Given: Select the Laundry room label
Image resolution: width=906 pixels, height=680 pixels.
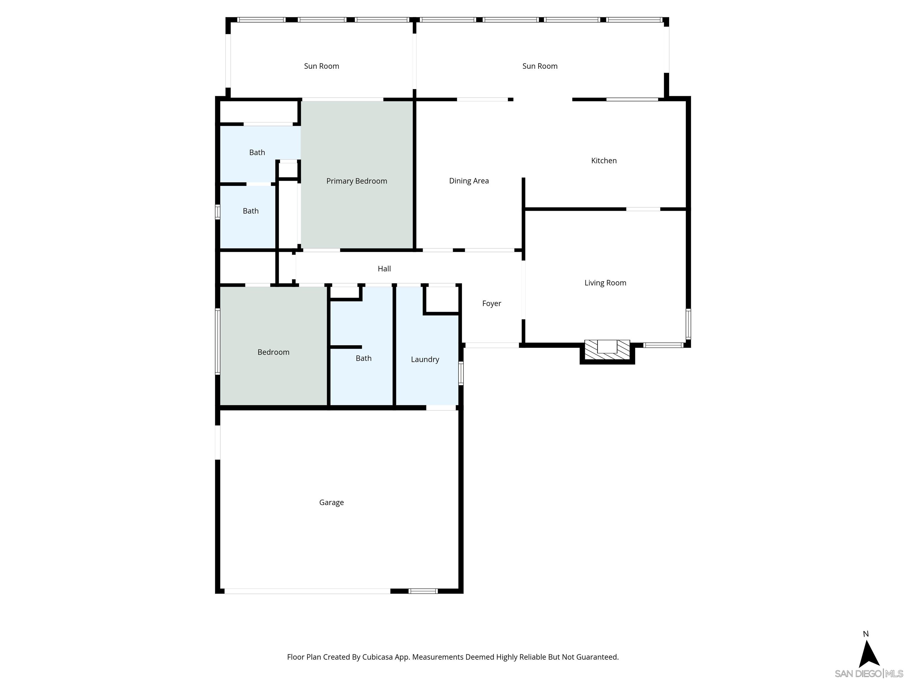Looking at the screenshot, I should coord(425,359).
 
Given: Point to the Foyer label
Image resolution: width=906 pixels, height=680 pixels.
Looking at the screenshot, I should coord(492,303).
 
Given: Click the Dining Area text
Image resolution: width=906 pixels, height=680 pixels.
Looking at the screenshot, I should coord(469,181).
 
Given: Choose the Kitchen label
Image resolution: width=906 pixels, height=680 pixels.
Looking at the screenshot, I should coord(604,161).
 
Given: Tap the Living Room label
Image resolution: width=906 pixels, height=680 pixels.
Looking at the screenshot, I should coord(605,283).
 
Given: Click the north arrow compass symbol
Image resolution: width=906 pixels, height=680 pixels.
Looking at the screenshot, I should coord(869,652).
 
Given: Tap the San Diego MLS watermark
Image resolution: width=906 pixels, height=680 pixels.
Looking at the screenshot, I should coord(868,674).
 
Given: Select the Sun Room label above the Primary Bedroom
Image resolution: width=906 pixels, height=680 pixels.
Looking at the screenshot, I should coord(321,66).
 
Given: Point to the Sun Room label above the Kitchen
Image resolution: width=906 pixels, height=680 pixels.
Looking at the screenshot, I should coord(539,66).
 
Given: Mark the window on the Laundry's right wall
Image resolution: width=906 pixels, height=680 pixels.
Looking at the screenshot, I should coord(461,373).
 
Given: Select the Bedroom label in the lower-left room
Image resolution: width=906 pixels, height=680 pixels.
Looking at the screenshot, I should coord(273,352).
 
